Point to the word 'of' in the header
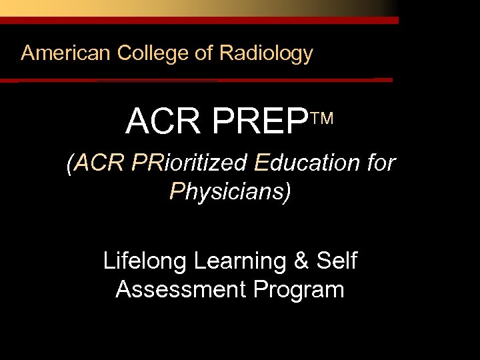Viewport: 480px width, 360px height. [x=204, y=53]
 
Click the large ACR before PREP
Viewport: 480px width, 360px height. [x=163, y=121]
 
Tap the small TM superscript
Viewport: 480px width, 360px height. [x=323, y=119]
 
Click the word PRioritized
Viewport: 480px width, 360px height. [x=190, y=163]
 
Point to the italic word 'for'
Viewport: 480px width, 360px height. [x=380, y=163]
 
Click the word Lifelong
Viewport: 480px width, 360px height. [x=145, y=261]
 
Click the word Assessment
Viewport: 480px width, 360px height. [x=181, y=290]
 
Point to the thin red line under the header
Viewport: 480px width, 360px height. [x=200, y=80]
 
